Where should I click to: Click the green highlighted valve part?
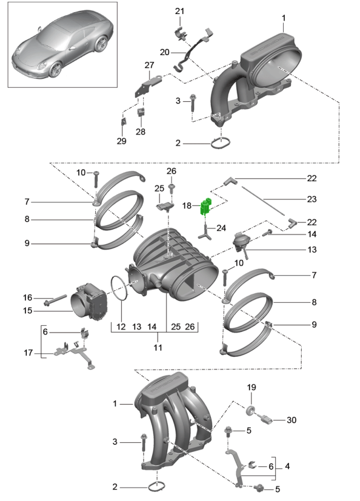point(206,207)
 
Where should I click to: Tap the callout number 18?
point(187,205)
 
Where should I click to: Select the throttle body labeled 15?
point(89,300)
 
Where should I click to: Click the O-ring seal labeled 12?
point(120,288)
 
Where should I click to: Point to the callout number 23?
point(312,199)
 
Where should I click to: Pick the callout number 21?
point(179,11)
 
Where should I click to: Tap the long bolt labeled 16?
point(55,300)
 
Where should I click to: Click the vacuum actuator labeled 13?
point(241,244)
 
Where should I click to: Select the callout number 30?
point(292,420)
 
